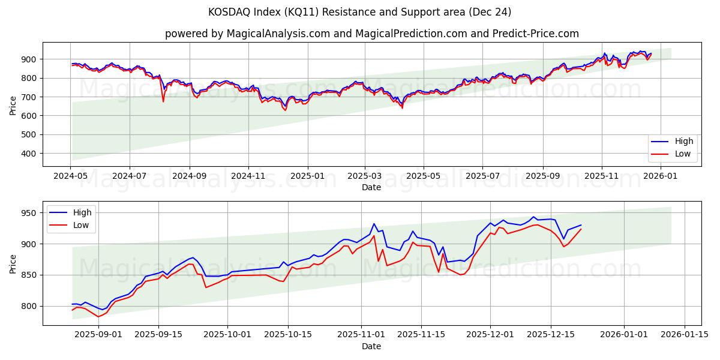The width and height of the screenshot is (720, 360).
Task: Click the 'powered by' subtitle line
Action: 372,34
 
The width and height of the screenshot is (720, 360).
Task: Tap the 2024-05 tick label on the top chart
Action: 71,176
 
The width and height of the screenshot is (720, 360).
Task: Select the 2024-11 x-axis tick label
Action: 248,176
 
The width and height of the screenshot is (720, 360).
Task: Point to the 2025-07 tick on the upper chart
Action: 483,176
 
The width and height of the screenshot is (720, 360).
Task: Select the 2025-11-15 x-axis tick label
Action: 419,335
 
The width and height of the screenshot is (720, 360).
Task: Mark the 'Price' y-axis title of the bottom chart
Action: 13,263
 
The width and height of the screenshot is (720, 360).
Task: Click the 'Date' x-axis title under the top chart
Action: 371,187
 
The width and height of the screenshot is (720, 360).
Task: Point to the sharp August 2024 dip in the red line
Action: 163,101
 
